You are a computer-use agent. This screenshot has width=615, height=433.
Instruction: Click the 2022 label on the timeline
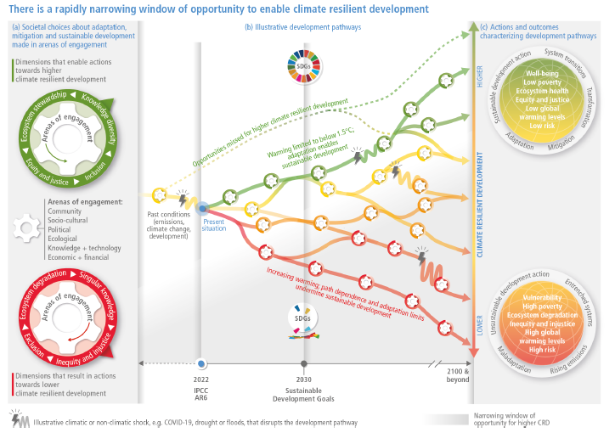point(200,380)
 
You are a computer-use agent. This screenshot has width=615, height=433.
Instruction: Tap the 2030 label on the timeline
point(304,380)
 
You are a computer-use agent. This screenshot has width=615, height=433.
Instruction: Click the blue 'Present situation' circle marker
point(202,207)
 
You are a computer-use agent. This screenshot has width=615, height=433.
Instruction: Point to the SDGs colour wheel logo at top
point(302,68)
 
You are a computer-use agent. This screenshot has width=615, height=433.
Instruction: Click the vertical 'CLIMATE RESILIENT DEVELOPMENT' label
point(480,200)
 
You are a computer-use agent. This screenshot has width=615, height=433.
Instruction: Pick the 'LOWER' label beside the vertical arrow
point(480,323)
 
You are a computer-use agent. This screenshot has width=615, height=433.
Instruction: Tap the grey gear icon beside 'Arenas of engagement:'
point(25,229)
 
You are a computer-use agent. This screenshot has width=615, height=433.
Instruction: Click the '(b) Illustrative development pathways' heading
point(303,27)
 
